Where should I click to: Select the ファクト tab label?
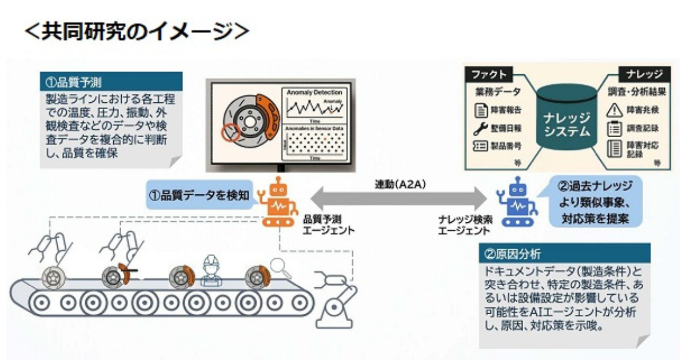tap(489, 74)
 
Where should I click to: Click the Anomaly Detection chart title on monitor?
tap(314, 92)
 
